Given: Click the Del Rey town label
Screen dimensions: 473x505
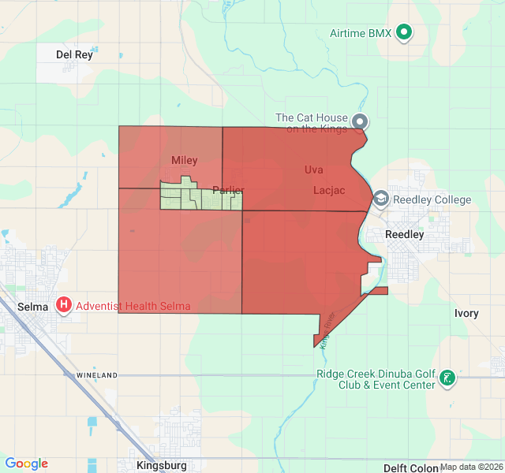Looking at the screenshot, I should coord(75,54).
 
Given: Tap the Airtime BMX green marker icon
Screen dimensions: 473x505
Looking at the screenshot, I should coord(404,33).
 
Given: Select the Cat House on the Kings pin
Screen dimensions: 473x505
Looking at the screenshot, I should coord(360,122).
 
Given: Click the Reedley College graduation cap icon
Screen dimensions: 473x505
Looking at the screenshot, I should coord(381,199).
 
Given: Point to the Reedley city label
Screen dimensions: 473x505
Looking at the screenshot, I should coord(405,234).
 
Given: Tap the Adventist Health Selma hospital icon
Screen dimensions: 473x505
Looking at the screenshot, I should coord(64,305).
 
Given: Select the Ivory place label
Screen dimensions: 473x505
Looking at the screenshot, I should coord(466,313).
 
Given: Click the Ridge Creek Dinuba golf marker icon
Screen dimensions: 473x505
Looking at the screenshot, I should coord(447,378).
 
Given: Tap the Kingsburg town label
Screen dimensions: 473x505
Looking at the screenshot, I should coord(161,465).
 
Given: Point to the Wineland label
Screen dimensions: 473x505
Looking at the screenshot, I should coord(97,374).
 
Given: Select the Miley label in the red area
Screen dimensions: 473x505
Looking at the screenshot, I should coord(185,160).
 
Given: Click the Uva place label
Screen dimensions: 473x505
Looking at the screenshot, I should coord(314,169).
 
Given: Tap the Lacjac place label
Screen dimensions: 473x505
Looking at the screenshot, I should coord(329,190).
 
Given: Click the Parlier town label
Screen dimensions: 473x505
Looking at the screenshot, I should coord(229,190).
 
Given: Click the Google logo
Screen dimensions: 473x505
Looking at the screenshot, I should coord(27,464).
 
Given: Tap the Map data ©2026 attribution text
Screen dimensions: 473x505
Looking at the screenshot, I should coord(471,467).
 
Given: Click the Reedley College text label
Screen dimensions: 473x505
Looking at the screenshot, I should coord(432,199).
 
